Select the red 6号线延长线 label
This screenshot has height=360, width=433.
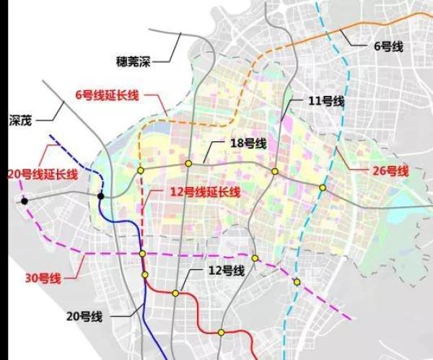point(106,95)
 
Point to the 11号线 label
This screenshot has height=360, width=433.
point(323,100)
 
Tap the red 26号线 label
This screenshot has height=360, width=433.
point(391,171)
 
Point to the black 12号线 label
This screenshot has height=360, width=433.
point(224,270)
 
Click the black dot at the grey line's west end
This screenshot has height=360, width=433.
point(25,201)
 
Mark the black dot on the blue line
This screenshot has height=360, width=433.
point(102,196)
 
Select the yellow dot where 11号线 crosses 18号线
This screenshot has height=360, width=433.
point(275,171)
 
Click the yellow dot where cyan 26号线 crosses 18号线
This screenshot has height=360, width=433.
point(323,188)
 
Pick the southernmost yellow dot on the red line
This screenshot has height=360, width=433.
point(222,333)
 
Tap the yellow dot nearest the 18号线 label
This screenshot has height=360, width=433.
point(188,164)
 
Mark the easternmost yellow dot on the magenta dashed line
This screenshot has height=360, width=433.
point(297,281)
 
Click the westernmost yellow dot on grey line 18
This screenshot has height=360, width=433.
point(141,171)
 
